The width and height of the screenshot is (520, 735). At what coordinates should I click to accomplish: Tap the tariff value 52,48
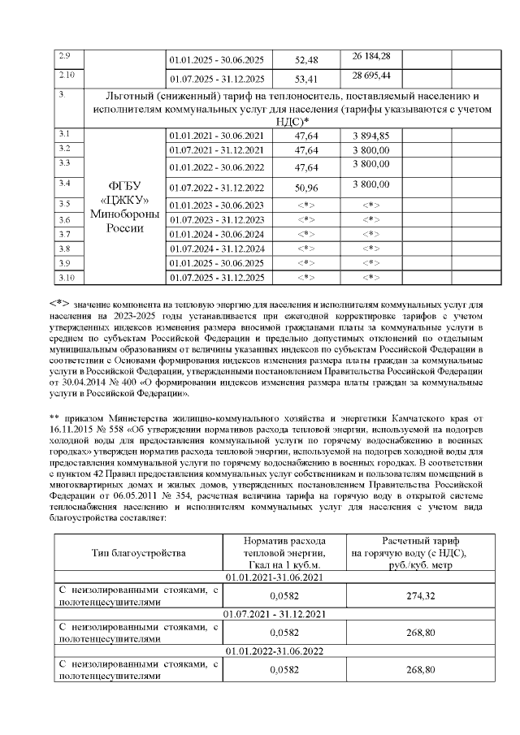point(306,60)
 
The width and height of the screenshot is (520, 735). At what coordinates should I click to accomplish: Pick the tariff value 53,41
point(306,80)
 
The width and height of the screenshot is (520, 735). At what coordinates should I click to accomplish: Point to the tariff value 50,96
point(306,188)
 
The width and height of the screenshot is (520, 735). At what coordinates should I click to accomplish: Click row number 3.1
point(66,132)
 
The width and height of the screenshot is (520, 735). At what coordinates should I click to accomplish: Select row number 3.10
point(67,278)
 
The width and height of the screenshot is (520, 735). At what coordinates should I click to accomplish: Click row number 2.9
point(66,55)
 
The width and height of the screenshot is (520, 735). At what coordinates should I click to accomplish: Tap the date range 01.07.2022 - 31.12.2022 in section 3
point(216,188)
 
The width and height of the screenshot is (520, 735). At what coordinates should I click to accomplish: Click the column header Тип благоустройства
point(137,553)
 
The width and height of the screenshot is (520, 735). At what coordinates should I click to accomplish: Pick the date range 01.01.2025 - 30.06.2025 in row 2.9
point(216,60)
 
